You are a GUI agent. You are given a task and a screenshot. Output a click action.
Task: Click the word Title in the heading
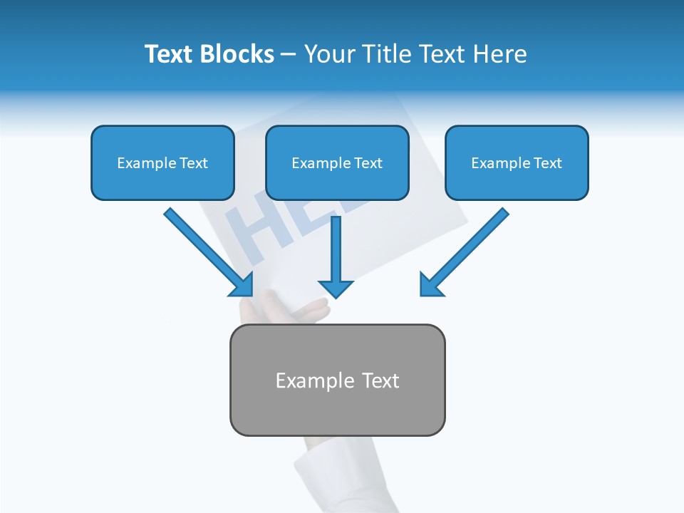tap(382, 54)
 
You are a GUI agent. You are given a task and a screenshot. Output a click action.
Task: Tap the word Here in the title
tap(501, 54)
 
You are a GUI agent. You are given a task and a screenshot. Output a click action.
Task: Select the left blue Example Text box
tap(162, 163)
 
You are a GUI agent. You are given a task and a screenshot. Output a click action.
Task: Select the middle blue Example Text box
tap(337, 163)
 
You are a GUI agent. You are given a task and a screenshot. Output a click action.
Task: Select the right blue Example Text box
tap(517, 163)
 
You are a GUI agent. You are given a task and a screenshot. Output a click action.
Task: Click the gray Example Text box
tap(337, 380)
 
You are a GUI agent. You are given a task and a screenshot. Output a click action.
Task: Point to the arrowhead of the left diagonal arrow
tap(242, 285)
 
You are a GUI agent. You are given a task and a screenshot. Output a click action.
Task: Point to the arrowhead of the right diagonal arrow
tap(430, 285)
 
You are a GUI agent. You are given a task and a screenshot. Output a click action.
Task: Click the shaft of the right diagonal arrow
tap(470, 246)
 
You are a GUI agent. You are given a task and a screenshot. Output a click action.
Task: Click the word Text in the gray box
tap(380, 380)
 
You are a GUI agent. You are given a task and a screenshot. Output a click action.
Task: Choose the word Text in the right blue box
tap(547, 163)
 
